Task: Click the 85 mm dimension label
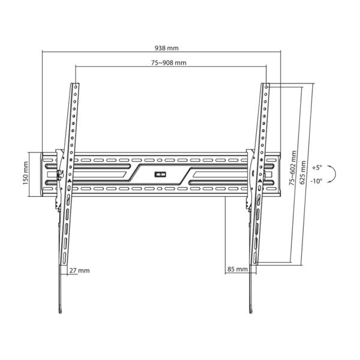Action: pyautogui.click(x=238, y=269)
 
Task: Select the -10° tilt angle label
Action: pyautogui.click(x=317, y=180)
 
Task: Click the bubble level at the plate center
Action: pyautogui.click(x=159, y=175)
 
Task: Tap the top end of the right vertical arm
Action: pyautogui.click(x=265, y=85)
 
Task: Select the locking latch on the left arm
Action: pyautogui.click(x=58, y=175)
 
